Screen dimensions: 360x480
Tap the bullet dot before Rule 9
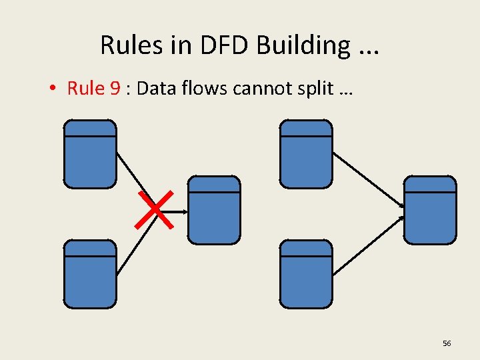click(55, 89)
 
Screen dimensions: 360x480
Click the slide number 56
click(447, 343)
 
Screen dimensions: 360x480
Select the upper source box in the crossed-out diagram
click(90, 154)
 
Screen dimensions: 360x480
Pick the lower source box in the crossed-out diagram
click(90, 274)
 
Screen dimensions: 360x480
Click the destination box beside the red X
click(214, 210)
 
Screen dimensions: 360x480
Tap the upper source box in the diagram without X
click(305, 154)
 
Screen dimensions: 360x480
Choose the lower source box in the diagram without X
click(305, 274)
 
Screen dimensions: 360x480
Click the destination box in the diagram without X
click(431, 210)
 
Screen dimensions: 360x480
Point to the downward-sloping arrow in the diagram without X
click(367, 179)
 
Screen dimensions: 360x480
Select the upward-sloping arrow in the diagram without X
click(367, 245)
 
